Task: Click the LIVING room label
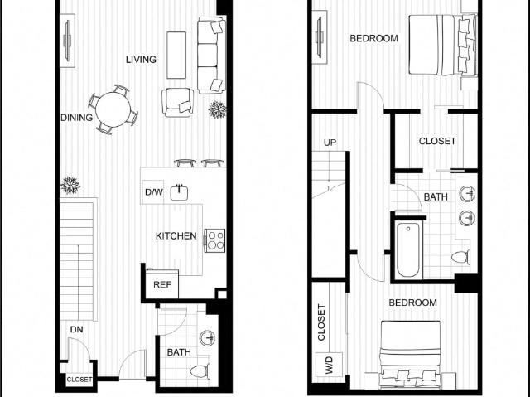(141, 60)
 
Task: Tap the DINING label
(76, 118)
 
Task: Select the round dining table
(113, 109)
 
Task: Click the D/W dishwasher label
(154, 192)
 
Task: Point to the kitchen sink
(179, 192)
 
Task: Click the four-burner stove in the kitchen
(215, 240)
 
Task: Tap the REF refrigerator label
(162, 285)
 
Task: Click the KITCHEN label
(176, 235)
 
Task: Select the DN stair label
(77, 329)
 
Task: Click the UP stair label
(330, 143)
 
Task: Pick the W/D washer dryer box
(329, 365)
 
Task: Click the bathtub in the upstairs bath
(408, 249)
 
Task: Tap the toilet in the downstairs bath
(200, 371)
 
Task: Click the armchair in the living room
(178, 102)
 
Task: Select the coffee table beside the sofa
(176, 56)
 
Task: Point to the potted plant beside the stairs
(70, 186)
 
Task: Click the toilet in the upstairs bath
(460, 257)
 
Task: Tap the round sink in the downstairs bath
(207, 338)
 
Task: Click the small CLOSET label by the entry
(79, 380)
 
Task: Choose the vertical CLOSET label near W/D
(321, 322)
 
